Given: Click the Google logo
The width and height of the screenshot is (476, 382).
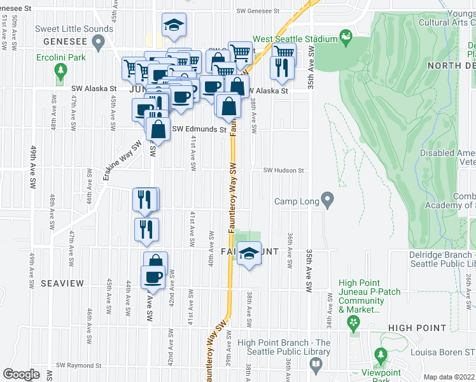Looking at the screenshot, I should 21,374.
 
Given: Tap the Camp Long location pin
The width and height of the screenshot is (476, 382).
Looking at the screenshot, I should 327,201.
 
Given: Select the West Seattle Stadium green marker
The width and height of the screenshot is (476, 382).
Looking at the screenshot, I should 346,38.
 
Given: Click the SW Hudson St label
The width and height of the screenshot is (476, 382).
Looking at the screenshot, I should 284,171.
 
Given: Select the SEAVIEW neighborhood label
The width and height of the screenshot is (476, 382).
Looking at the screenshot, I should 62,282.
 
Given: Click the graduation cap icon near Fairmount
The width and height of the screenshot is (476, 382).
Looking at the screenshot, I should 249,254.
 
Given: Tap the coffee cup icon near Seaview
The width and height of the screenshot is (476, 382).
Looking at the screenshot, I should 153,278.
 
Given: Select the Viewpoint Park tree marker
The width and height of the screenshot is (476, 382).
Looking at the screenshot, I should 381,355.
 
